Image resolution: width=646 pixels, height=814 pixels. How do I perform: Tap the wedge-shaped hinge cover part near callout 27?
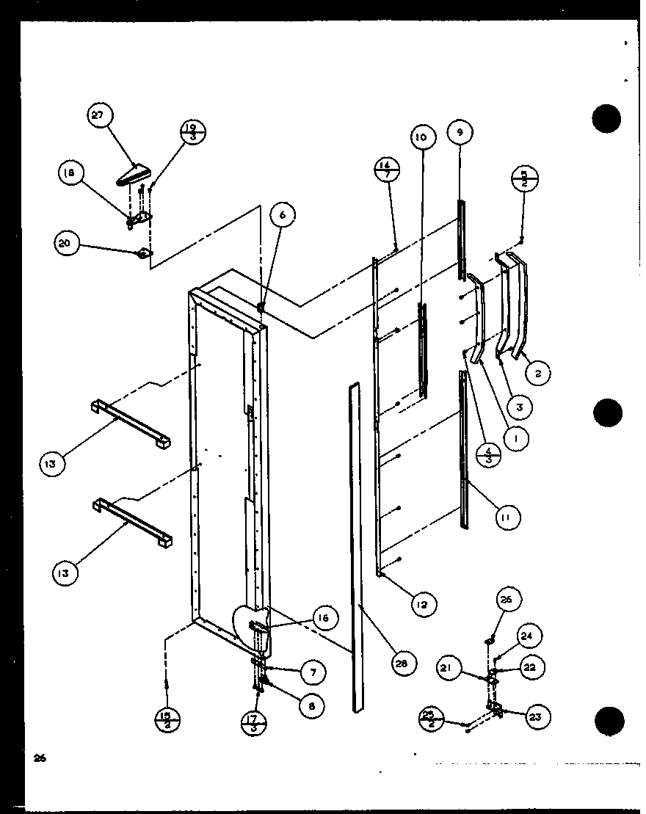pyautogui.click(x=133, y=175)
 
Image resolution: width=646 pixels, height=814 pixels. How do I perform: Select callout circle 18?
pyautogui.click(x=70, y=174)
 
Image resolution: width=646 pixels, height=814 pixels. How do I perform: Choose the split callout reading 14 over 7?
pyautogui.click(x=386, y=170)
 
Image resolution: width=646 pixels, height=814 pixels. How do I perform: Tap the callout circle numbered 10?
pyautogui.click(x=420, y=137)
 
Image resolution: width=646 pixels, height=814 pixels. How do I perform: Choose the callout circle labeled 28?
pyautogui.click(x=404, y=664)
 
